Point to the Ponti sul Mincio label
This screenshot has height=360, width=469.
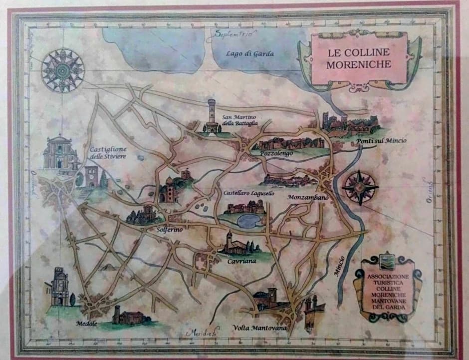point(381,141)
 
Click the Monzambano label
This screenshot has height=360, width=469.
point(308,198)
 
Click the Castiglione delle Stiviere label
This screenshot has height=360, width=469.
point(108,153)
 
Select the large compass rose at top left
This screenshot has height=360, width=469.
point(63,70)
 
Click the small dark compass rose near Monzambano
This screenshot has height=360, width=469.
point(360,188)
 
